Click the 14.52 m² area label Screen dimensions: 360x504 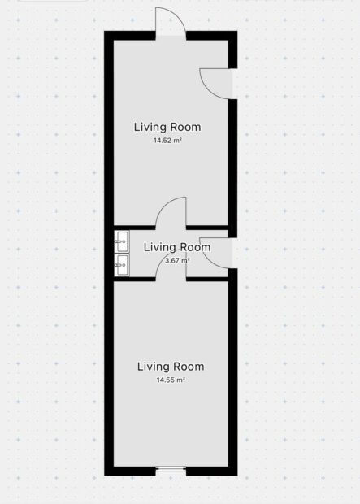pos(167,141)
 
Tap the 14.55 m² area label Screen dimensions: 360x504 pos(171,380)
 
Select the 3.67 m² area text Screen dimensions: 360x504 pos(177,260)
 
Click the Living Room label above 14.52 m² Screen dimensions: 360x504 pos(167,127)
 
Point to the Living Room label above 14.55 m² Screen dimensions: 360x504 pos(171,367)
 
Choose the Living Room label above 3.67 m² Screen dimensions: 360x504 pos(177,247)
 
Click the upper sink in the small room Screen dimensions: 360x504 pos(122,241)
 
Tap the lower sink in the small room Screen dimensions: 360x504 pos(122,265)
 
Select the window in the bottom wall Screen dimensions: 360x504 pos(171,470)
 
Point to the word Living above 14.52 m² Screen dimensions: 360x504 pos(150,128)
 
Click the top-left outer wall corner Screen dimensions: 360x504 pos(105,31)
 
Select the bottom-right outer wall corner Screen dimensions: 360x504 pos(237,476)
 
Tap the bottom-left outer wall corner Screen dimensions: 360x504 pos(105,476)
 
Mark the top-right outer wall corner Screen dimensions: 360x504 pos(237,31)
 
